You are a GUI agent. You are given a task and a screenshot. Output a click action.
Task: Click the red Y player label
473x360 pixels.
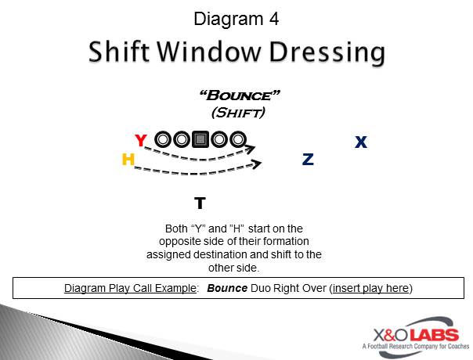[141, 140]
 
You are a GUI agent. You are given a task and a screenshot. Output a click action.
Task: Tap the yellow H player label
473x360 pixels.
[128, 159]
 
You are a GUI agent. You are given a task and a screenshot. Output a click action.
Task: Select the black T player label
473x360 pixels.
[200, 203]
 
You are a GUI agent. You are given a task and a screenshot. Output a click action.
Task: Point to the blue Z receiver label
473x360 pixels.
[308, 159]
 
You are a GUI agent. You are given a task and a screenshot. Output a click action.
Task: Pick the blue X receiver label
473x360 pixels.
[361, 142]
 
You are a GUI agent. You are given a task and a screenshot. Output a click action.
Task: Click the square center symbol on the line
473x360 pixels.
[200, 139]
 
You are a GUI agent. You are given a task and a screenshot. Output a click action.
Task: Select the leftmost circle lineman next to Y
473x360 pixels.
[163, 139]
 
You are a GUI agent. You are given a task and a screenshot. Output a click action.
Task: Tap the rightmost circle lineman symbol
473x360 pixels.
[238, 139]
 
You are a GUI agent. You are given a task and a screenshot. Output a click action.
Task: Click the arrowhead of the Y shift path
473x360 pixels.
[251, 149]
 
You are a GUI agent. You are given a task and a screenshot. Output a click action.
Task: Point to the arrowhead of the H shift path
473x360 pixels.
[257, 164]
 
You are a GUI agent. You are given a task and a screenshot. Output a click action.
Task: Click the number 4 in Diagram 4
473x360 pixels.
[274, 19]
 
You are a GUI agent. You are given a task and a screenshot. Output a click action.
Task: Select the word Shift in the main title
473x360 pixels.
[119, 52]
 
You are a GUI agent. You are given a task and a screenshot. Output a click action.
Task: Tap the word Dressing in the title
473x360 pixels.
[327, 52]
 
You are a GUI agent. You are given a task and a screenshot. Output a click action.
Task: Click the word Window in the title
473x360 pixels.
[209, 52]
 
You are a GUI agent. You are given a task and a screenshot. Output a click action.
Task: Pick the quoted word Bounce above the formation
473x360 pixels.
[240, 95]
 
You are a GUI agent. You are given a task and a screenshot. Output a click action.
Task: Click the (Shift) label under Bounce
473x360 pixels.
[238, 113]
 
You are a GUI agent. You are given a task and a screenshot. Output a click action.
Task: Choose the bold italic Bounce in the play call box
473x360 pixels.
[227, 288]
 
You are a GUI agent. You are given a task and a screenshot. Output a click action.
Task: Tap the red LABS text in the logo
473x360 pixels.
[434, 335]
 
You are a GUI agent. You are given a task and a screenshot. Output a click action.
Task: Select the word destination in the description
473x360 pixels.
[220, 254]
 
